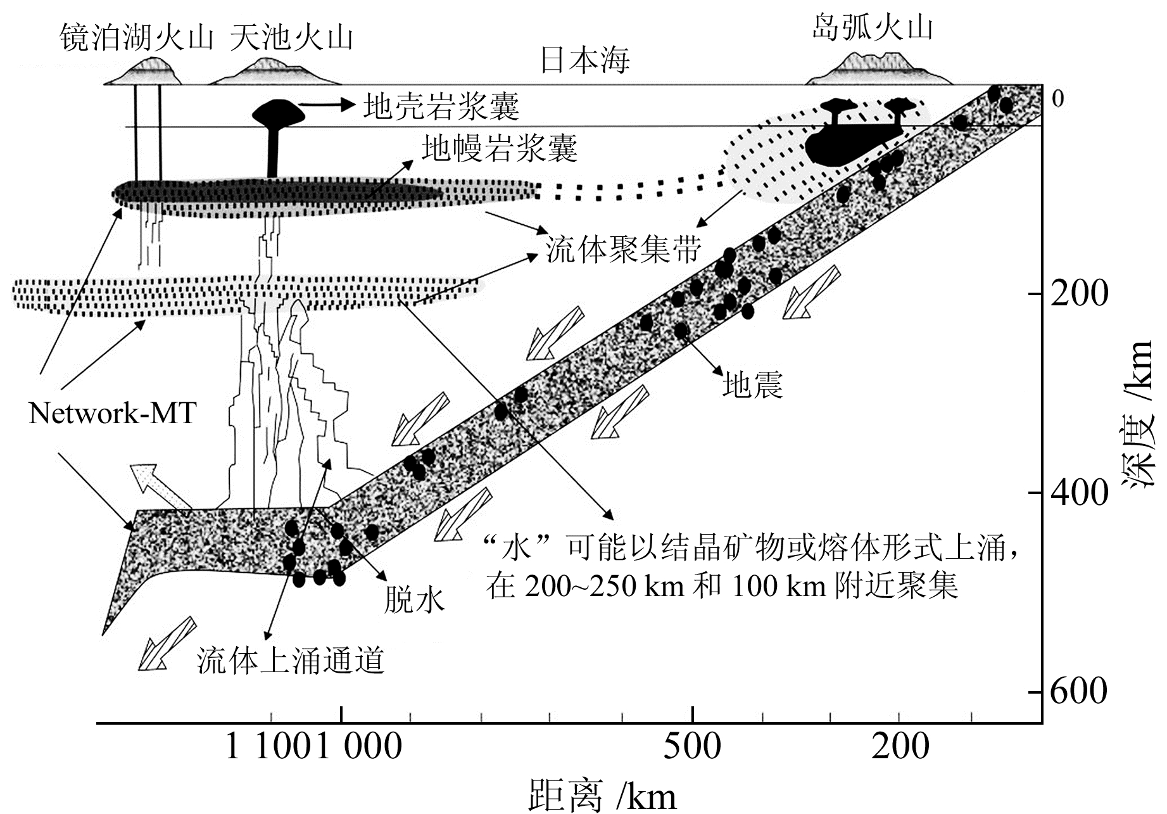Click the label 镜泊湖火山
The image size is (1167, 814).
click(136, 38)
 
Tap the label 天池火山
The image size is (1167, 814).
click(291, 38)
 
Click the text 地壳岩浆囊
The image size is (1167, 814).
click(441, 106)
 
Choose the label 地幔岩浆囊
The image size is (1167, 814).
click(500, 148)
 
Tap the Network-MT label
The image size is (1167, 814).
click(112, 414)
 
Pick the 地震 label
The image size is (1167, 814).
click(752, 384)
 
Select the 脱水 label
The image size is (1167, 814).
click(415, 599)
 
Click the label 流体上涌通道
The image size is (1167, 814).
click(291, 661)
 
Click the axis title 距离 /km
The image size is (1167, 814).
click(602, 796)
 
